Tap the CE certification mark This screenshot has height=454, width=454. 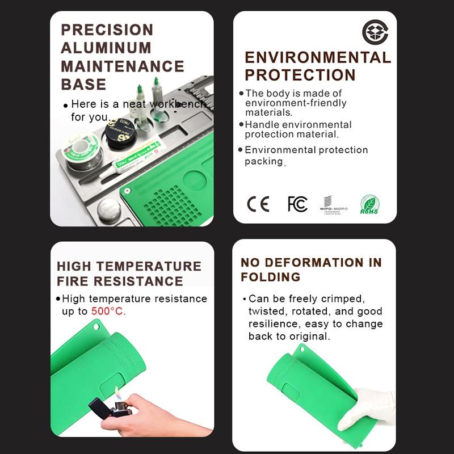click(x=258, y=204)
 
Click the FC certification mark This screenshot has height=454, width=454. click(x=297, y=204)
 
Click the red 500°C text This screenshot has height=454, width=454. click(x=108, y=312)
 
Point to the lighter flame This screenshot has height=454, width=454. click(x=117, y=393)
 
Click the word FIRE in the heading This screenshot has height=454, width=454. click(x=73, y=281)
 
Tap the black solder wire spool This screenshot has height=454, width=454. click(x=119, y=134)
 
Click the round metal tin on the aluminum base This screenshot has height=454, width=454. click(x=109, y=211)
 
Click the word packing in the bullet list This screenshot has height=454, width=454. click(x=263, y=162)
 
